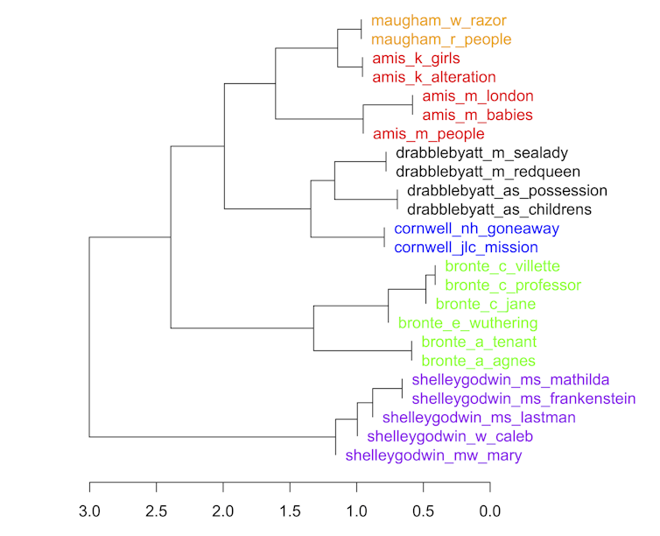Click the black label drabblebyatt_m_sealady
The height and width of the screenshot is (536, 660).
point(487,153)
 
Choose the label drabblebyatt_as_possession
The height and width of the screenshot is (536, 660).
point(507,191)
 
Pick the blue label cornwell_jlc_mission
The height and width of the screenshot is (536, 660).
point(466,248)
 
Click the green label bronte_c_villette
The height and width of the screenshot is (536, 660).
point(502,266)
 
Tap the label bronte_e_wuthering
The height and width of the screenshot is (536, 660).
point(467,323)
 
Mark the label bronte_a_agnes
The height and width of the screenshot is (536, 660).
point(478,361)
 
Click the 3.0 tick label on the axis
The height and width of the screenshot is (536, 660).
point(89,511)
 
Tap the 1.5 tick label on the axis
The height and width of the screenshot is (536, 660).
point(290,511)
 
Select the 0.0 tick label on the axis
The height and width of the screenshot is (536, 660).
point(490,511)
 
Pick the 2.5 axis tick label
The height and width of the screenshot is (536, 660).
point(156,511)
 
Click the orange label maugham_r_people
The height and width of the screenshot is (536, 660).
point(441,39)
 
